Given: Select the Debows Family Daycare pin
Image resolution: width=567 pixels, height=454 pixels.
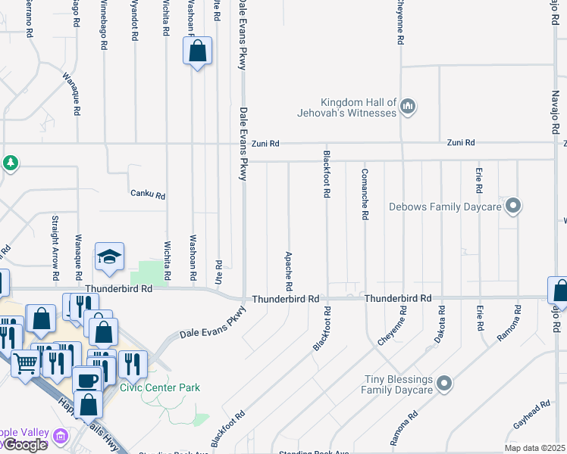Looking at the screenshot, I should point(513,206).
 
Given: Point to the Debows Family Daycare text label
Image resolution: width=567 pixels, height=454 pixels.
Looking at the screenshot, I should point(446,206).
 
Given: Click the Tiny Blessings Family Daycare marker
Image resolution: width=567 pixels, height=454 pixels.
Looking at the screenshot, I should point(445,384).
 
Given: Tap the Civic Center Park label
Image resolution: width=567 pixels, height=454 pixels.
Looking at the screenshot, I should point(160,387).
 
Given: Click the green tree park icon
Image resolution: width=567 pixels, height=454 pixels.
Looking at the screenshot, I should point(10,163).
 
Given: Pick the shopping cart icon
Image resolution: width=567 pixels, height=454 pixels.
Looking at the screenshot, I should point(26,365).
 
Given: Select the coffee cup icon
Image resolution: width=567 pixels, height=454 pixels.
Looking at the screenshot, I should point(87,380).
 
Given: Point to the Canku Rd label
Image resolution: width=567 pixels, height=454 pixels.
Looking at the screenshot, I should point(147,194).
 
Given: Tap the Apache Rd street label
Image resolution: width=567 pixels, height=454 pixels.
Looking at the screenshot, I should point(288,272).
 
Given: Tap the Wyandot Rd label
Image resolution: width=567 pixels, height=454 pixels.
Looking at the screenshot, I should point(135,20).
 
